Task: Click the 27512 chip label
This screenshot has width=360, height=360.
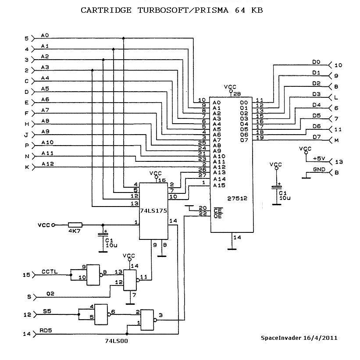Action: click(x=237, y=198)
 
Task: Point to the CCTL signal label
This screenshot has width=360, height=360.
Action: click(x=50, y=271)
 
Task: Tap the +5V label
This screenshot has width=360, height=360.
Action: click(x=319, y=158)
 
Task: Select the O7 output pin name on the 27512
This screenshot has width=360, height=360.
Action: click(x=244, y=140)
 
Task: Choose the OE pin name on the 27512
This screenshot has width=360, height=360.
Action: click(x=217, y=216)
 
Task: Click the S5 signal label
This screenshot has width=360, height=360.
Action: click(x=46, y=311)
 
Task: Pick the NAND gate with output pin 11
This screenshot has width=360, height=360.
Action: click(x=130, y=280)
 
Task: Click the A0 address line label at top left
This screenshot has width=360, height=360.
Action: click(x=45, y=35)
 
